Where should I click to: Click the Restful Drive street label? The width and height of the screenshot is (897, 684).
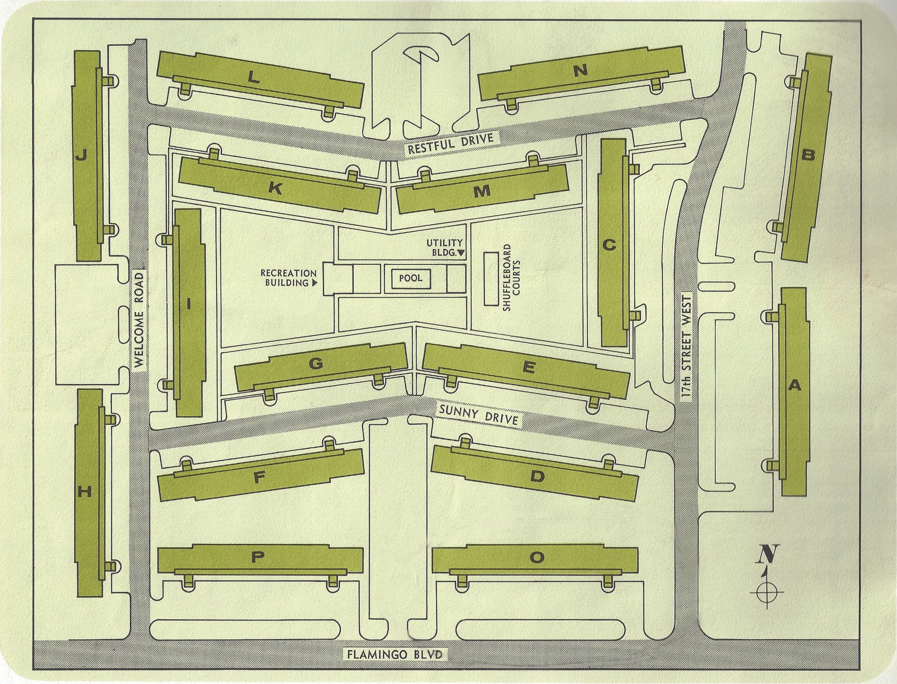pyautogui.click(x=451, y=143)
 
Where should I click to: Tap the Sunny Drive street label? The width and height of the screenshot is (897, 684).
pyautogui.click(x=479, y=415)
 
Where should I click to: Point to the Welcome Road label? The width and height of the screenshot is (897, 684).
pyautogui.click(x=139, y=321)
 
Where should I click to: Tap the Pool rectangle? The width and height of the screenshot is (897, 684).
pyautogui.click(x=411, y=278)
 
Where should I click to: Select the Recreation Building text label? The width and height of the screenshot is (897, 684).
pyautogui.click(x=289, y=278)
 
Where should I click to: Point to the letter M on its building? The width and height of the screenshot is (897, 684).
pyautogui.click(x=482, y=191)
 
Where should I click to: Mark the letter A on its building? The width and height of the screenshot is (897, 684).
pyautogui.click(x=795, y=386)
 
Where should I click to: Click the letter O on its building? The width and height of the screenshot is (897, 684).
pyautogui.click(x=536, y=557)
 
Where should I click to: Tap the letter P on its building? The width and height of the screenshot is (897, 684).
pyautogui.click(x=257, y=557)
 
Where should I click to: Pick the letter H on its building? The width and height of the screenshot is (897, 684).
pyautogui.click(x=85, y=492)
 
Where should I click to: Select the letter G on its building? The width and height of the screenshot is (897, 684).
pyautogui.click(x=316, y=364)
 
